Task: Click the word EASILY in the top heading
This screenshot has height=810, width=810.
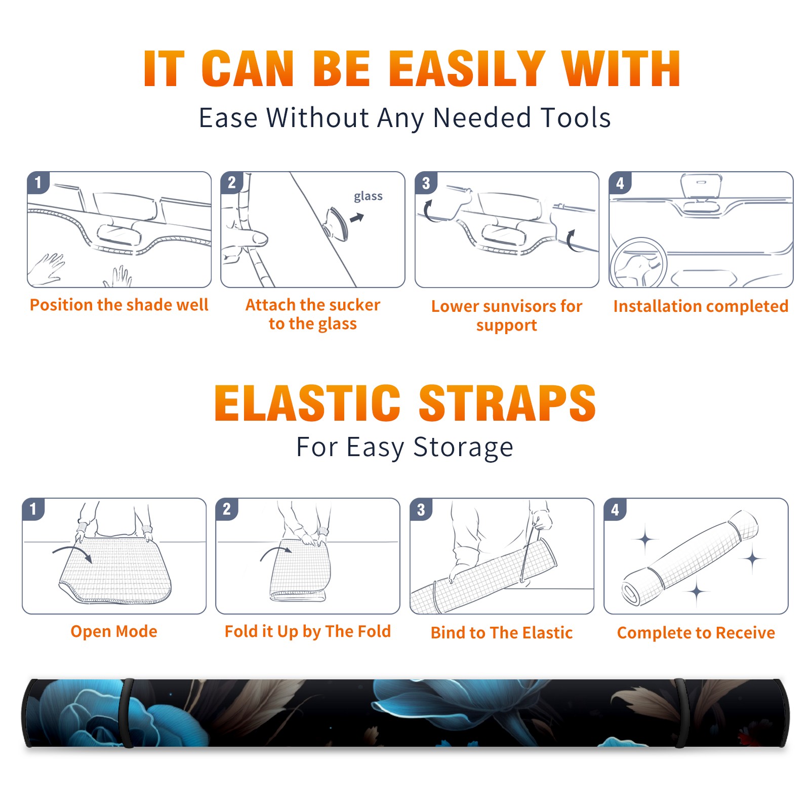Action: point(466,69)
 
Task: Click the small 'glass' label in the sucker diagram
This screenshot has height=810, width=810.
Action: point(368,196)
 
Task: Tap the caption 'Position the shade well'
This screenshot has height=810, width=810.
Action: point(119,305)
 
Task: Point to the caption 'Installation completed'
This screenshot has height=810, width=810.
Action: point(701,306)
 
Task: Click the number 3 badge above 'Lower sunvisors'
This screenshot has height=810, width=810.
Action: point(426,183)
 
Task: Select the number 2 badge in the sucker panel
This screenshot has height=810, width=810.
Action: point(232,183)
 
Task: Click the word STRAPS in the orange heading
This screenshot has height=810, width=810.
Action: point(507,403)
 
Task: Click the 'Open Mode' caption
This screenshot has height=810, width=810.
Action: point(114,631)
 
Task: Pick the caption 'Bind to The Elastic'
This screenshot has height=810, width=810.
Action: point(502,633)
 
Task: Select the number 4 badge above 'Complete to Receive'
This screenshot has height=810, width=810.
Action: point(615,509)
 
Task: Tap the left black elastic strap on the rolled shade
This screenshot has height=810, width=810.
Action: point(128,713)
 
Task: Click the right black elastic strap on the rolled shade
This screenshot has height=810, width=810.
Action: point(680,713)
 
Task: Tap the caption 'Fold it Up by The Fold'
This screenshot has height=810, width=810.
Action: point(308,631)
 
